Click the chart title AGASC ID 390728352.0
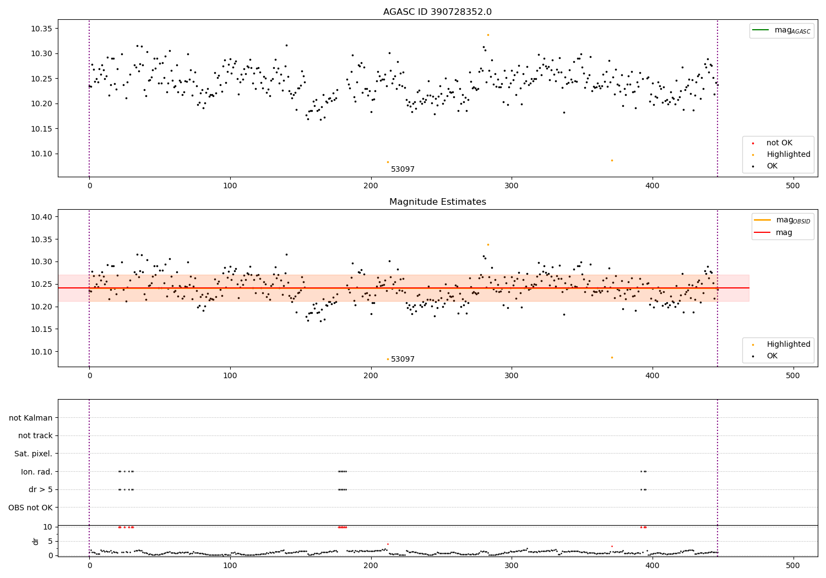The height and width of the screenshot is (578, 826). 437,12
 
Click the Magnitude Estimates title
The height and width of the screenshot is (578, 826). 438,201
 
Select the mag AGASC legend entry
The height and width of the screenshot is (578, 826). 781,30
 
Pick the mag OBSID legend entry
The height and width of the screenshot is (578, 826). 782,220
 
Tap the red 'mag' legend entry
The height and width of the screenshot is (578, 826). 773,232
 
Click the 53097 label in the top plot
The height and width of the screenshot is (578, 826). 403,169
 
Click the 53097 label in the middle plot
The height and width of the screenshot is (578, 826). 403,359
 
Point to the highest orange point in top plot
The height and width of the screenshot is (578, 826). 488,35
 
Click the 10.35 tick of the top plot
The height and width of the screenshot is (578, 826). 42,29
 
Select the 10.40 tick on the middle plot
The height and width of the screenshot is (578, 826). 42,217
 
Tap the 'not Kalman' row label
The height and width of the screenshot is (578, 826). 31,418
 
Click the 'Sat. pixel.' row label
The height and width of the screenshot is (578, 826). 33,454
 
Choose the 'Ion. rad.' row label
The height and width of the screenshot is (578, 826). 36,471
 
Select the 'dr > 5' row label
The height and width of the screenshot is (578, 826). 41,489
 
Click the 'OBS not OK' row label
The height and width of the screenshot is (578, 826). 30,508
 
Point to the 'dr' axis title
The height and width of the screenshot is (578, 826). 35,542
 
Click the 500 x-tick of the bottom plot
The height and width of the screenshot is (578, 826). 793,565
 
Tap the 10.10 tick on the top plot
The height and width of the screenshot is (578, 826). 42,154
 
